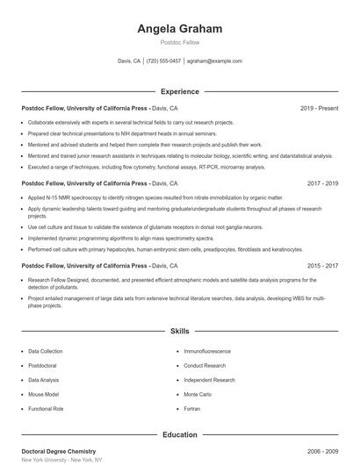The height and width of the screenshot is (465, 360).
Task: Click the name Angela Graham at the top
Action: coord(179,29)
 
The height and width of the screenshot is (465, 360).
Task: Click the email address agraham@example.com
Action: coord(214,61)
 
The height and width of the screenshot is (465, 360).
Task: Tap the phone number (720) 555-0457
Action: coord(163,61)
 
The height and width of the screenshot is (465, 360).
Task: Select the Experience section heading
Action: coord(179,91)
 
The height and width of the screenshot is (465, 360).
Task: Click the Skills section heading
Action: coord(179,333)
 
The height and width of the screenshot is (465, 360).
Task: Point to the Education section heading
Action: coord(179,434)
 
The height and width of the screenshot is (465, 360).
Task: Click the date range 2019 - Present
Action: coord(319,108)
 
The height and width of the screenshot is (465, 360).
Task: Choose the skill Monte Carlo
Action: coord(198,395)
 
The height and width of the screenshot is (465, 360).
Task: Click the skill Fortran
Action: coord(193,409)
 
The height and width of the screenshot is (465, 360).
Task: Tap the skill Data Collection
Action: coord(46,351)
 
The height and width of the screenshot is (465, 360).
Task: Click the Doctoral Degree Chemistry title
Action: coord(58,450)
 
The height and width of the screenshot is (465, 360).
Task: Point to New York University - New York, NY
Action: coord(61,460)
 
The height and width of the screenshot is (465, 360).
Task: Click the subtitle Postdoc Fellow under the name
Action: coord(179,42)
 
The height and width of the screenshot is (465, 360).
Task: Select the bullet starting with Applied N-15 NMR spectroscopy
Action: coord(132,198)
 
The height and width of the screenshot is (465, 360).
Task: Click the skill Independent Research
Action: coord(209,380)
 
